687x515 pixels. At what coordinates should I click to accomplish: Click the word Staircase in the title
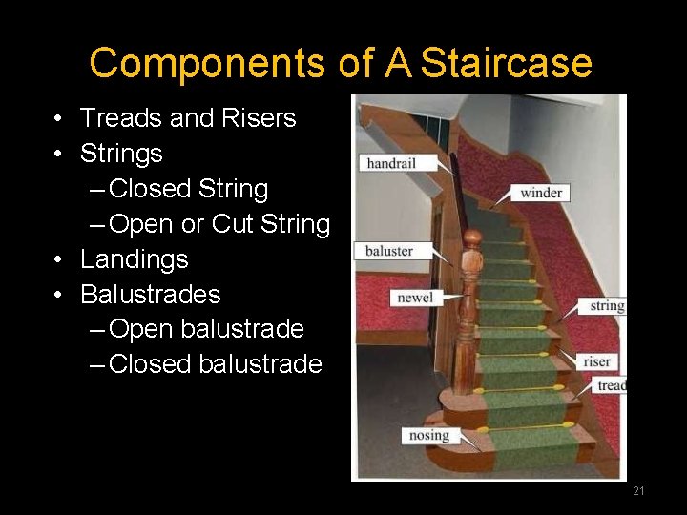(x=506, y=64)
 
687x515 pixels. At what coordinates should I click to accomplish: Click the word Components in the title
(x=208, y=64)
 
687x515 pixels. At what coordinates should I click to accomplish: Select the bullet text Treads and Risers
(x=188, y=118)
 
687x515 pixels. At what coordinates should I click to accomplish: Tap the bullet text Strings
(x=121, y=154)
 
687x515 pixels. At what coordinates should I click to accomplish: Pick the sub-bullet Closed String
(x=189, y=189)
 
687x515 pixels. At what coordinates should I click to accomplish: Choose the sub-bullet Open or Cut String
(x=219, y=224)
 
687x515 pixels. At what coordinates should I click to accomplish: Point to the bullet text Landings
(x=135, y=259)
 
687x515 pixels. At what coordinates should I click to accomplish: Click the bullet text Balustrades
(x=150, y=294)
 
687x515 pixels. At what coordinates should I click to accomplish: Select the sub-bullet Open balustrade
(x=207, y=329)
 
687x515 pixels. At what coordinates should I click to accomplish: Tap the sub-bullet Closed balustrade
(x=216, y=364)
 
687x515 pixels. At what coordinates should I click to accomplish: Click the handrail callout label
(x=391, y=163)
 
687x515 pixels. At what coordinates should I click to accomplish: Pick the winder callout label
(x=541, y=193)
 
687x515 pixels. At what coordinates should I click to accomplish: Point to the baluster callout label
(x=389, y=251)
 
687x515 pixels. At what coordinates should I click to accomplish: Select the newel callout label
(x=415, y=298)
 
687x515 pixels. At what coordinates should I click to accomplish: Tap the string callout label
(x=607, y=306)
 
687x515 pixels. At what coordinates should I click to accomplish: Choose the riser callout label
(x=597, y=361)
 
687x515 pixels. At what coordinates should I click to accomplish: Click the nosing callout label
(x=428, y=435)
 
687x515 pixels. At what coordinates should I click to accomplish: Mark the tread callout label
(x=611, y=385)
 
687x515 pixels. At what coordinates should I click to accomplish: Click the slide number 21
(x=638, y=491)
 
